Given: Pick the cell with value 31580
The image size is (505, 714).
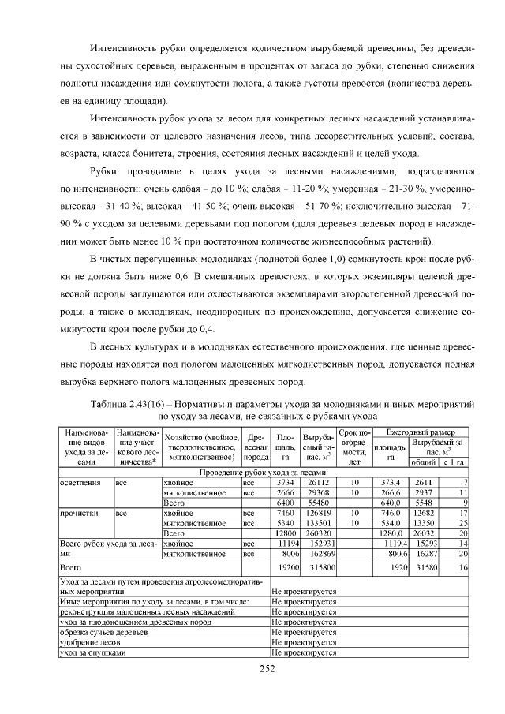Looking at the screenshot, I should point(425,566).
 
